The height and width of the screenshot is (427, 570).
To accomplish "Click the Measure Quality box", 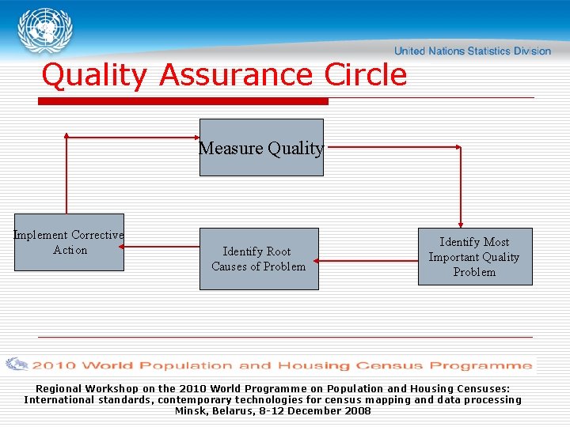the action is (x=261, y=148).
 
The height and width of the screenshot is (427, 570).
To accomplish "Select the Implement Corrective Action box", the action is (x=69, y=243).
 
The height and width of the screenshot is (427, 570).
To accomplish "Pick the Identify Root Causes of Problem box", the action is (x=259, y=259).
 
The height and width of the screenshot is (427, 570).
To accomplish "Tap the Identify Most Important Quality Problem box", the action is (x=475, y=257).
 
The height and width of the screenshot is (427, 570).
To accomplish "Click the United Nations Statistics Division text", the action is (x=472, y=51).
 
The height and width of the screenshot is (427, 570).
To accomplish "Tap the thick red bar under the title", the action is (x=183, y=101).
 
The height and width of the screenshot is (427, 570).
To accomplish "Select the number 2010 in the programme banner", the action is (x=53, y=365).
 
